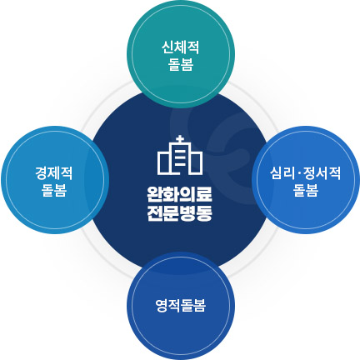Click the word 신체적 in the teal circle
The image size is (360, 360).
click(x=181, y=47)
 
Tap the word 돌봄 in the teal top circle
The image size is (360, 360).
click(x=181, y=65)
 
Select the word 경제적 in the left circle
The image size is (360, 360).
click(x=54, y=173)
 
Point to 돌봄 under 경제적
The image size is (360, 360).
click(x=54, y=190)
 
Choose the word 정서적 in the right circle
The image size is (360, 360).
click(x=322, y=173)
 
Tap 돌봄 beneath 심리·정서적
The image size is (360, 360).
click(x=306, y=190)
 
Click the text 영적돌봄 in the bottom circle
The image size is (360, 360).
click(x=181, y=306)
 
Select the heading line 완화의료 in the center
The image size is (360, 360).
click(x=180, y=194)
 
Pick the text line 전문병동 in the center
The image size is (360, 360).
click(x=180, y=213)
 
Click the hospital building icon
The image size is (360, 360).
click(x=180, y=155)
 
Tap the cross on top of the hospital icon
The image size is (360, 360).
click(x=180, y=139)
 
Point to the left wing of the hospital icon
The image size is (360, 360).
click(x=164, y=163)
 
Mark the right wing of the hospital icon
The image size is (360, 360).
click(x=196, y=163)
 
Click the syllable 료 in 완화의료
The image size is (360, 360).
click(x=204, y=194)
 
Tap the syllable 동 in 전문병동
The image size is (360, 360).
click(x=204, y=213)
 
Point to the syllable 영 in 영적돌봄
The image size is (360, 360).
click(x=162, y=306)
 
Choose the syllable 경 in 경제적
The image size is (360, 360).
click(x=42, y=173)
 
